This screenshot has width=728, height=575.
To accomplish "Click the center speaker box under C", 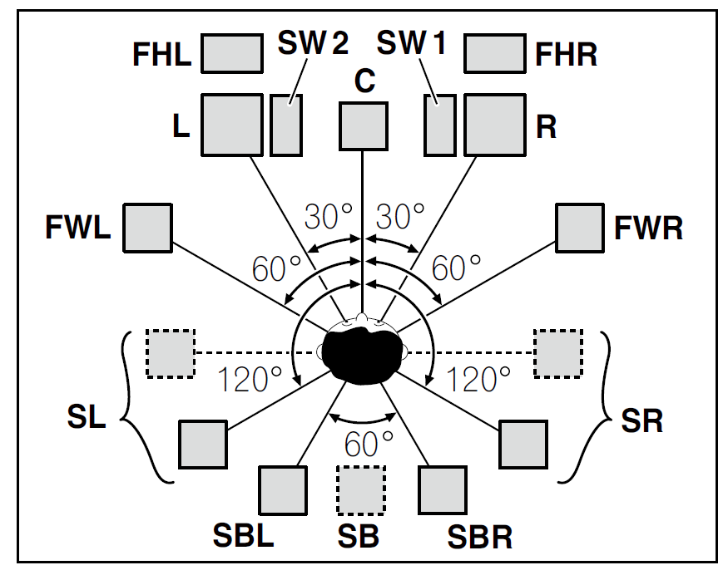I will coord(363,126).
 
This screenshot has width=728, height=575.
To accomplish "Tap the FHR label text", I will coord(566,55).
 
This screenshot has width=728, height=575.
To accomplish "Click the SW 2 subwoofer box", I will coord(286,125).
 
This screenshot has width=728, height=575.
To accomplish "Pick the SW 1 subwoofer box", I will coord(439,125).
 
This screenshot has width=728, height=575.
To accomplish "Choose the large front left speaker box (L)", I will coord(232,125).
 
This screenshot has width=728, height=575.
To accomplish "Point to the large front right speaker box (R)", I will coord(493,125).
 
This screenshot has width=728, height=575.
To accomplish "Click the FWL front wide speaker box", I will coord(147,226).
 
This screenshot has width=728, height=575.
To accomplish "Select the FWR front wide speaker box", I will coord(580,227).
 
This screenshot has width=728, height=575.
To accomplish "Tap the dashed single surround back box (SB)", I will coord(361,491).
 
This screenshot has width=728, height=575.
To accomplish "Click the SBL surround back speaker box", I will coord(283,490).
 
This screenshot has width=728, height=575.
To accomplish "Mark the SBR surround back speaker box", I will coord(442,490).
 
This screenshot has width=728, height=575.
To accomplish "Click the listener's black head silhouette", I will coord(363,352).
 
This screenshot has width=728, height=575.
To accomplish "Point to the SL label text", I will coord(86,416).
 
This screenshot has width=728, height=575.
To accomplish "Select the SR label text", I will coord(641,420).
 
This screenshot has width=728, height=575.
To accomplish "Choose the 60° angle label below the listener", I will coord(363,445).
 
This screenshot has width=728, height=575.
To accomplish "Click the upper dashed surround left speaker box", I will coord(171,353).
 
